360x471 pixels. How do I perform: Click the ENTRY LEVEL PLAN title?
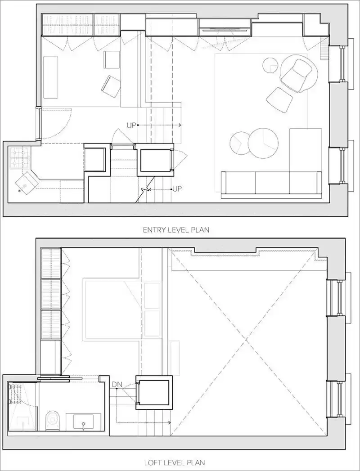[x=176, y=230]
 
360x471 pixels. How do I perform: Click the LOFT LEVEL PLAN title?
[x=175, y=462]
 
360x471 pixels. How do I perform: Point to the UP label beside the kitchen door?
[x=131, y=125]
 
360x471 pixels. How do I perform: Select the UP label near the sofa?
[x=177, y=189]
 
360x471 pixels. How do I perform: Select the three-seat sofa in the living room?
[x=271, y=185]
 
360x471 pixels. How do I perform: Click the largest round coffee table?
[x=263, y=144]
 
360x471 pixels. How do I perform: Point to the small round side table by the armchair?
[x=270, y=65]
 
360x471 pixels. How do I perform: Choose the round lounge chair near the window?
[x=299, y=72]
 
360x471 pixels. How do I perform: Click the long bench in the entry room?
[x=50, y=77]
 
